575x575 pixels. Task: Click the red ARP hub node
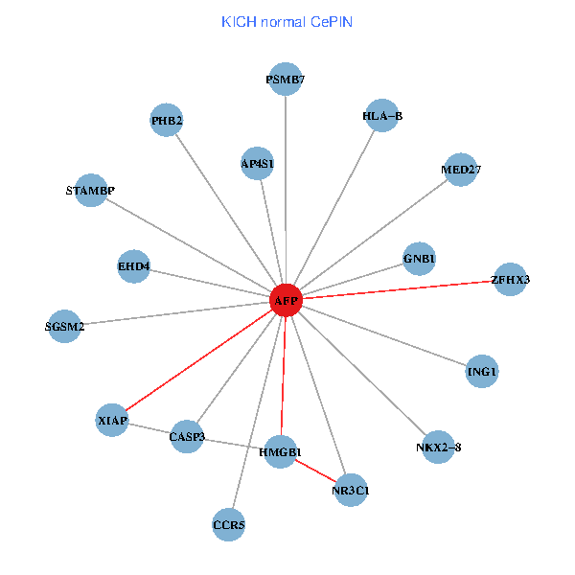pos(286,300)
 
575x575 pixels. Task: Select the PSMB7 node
pos(286,80)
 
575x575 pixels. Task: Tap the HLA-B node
pos(381,116)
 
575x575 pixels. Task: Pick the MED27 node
pos(461,170)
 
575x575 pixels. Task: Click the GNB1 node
pos(420,258)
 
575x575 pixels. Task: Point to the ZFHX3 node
pos(509,279)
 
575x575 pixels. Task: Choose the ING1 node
pos(482,371)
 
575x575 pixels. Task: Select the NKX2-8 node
pos(437,447)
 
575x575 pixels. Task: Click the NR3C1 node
pos(351,491)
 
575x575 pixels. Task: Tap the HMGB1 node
pos(280,451)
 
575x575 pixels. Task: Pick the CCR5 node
pos(228,524)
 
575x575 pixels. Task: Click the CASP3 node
pos(187,437)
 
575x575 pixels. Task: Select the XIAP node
pos(112,420)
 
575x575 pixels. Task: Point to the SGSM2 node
pos(64,326)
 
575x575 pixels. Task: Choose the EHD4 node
pos(134,265)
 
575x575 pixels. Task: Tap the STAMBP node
pos(90,190)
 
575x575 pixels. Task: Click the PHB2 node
pos(167,120)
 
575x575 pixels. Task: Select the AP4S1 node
pos(258,163)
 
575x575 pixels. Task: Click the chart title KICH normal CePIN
pos(287,22)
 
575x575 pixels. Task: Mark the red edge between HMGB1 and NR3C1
pos(315,471)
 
